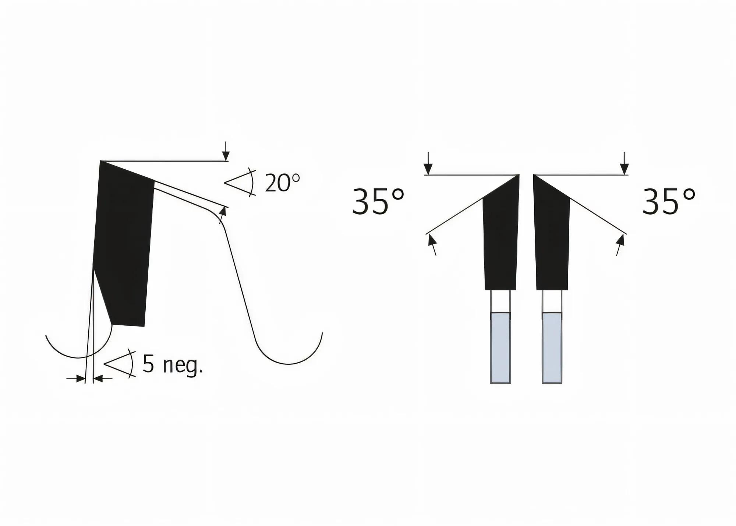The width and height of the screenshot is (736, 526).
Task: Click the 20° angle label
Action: [x=282, y=183]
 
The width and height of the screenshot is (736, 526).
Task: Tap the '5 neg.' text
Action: [x=173, y=364]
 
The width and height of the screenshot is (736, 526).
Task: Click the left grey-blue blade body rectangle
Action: [x=500, y=348]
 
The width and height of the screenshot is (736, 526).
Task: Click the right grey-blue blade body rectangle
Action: [x=552, y=348]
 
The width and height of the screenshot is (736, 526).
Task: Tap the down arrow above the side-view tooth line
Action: [x=226, y=151]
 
